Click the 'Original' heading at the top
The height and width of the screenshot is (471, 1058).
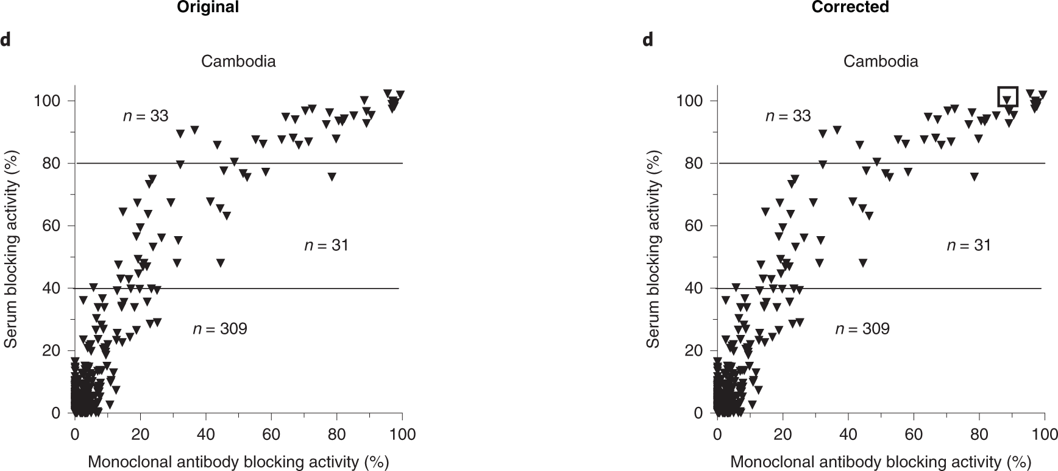[x=207, y=7]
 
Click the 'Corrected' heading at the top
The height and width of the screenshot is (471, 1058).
[x=850, y=7]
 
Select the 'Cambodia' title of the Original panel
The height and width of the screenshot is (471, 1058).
[x=238, y=62]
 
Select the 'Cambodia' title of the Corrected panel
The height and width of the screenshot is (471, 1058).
[x=881, y=62]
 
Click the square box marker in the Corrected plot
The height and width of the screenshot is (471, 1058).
[x=1008, y=96]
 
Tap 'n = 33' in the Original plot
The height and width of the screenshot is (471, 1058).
[x=146, y=116]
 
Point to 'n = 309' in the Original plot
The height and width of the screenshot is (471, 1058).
[x=220, y=329]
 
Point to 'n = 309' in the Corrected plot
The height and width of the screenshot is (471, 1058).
[x=862, y=329]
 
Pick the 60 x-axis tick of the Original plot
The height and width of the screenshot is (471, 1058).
[x=271, y=434]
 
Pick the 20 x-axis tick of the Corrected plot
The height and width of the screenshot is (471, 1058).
[x=783, y=434]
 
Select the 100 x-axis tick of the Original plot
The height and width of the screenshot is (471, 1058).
[x=402, y=434]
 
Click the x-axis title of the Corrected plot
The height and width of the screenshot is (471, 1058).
[x=881, y=462]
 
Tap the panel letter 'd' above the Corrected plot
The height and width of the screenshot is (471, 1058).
[x=647, y=40]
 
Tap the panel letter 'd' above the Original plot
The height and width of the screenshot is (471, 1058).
[x=5, y=40]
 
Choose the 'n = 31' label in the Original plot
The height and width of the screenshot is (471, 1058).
[x=326, y=245]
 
